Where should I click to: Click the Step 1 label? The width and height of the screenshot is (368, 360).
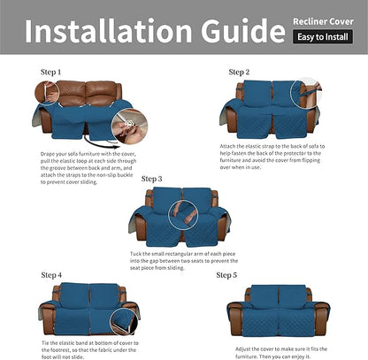tap(51, 71)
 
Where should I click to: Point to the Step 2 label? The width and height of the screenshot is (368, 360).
tap(239, 72)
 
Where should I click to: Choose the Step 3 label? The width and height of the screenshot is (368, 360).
tap(152, 179)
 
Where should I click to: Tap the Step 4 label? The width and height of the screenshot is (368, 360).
tap(51, 275)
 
